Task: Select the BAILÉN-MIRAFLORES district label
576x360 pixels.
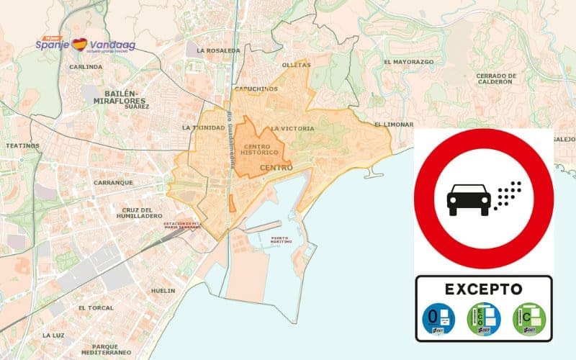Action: click(x=116, y=100)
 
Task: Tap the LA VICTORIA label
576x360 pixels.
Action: click(x=292, y=128)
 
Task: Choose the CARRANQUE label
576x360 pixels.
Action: click(x=113, y=183)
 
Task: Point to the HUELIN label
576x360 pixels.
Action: click(x=163, y=291)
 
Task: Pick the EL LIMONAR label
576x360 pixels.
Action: click(x=394, y=125)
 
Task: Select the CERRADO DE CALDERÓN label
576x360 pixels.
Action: click(x=496, y=78)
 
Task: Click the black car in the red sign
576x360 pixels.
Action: click(x=467, y=199)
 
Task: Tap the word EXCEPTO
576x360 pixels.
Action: click(x=483, y=289)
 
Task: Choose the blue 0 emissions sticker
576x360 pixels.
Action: click(x=437, y=318)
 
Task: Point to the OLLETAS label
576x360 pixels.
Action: click(x=297, y=65)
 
